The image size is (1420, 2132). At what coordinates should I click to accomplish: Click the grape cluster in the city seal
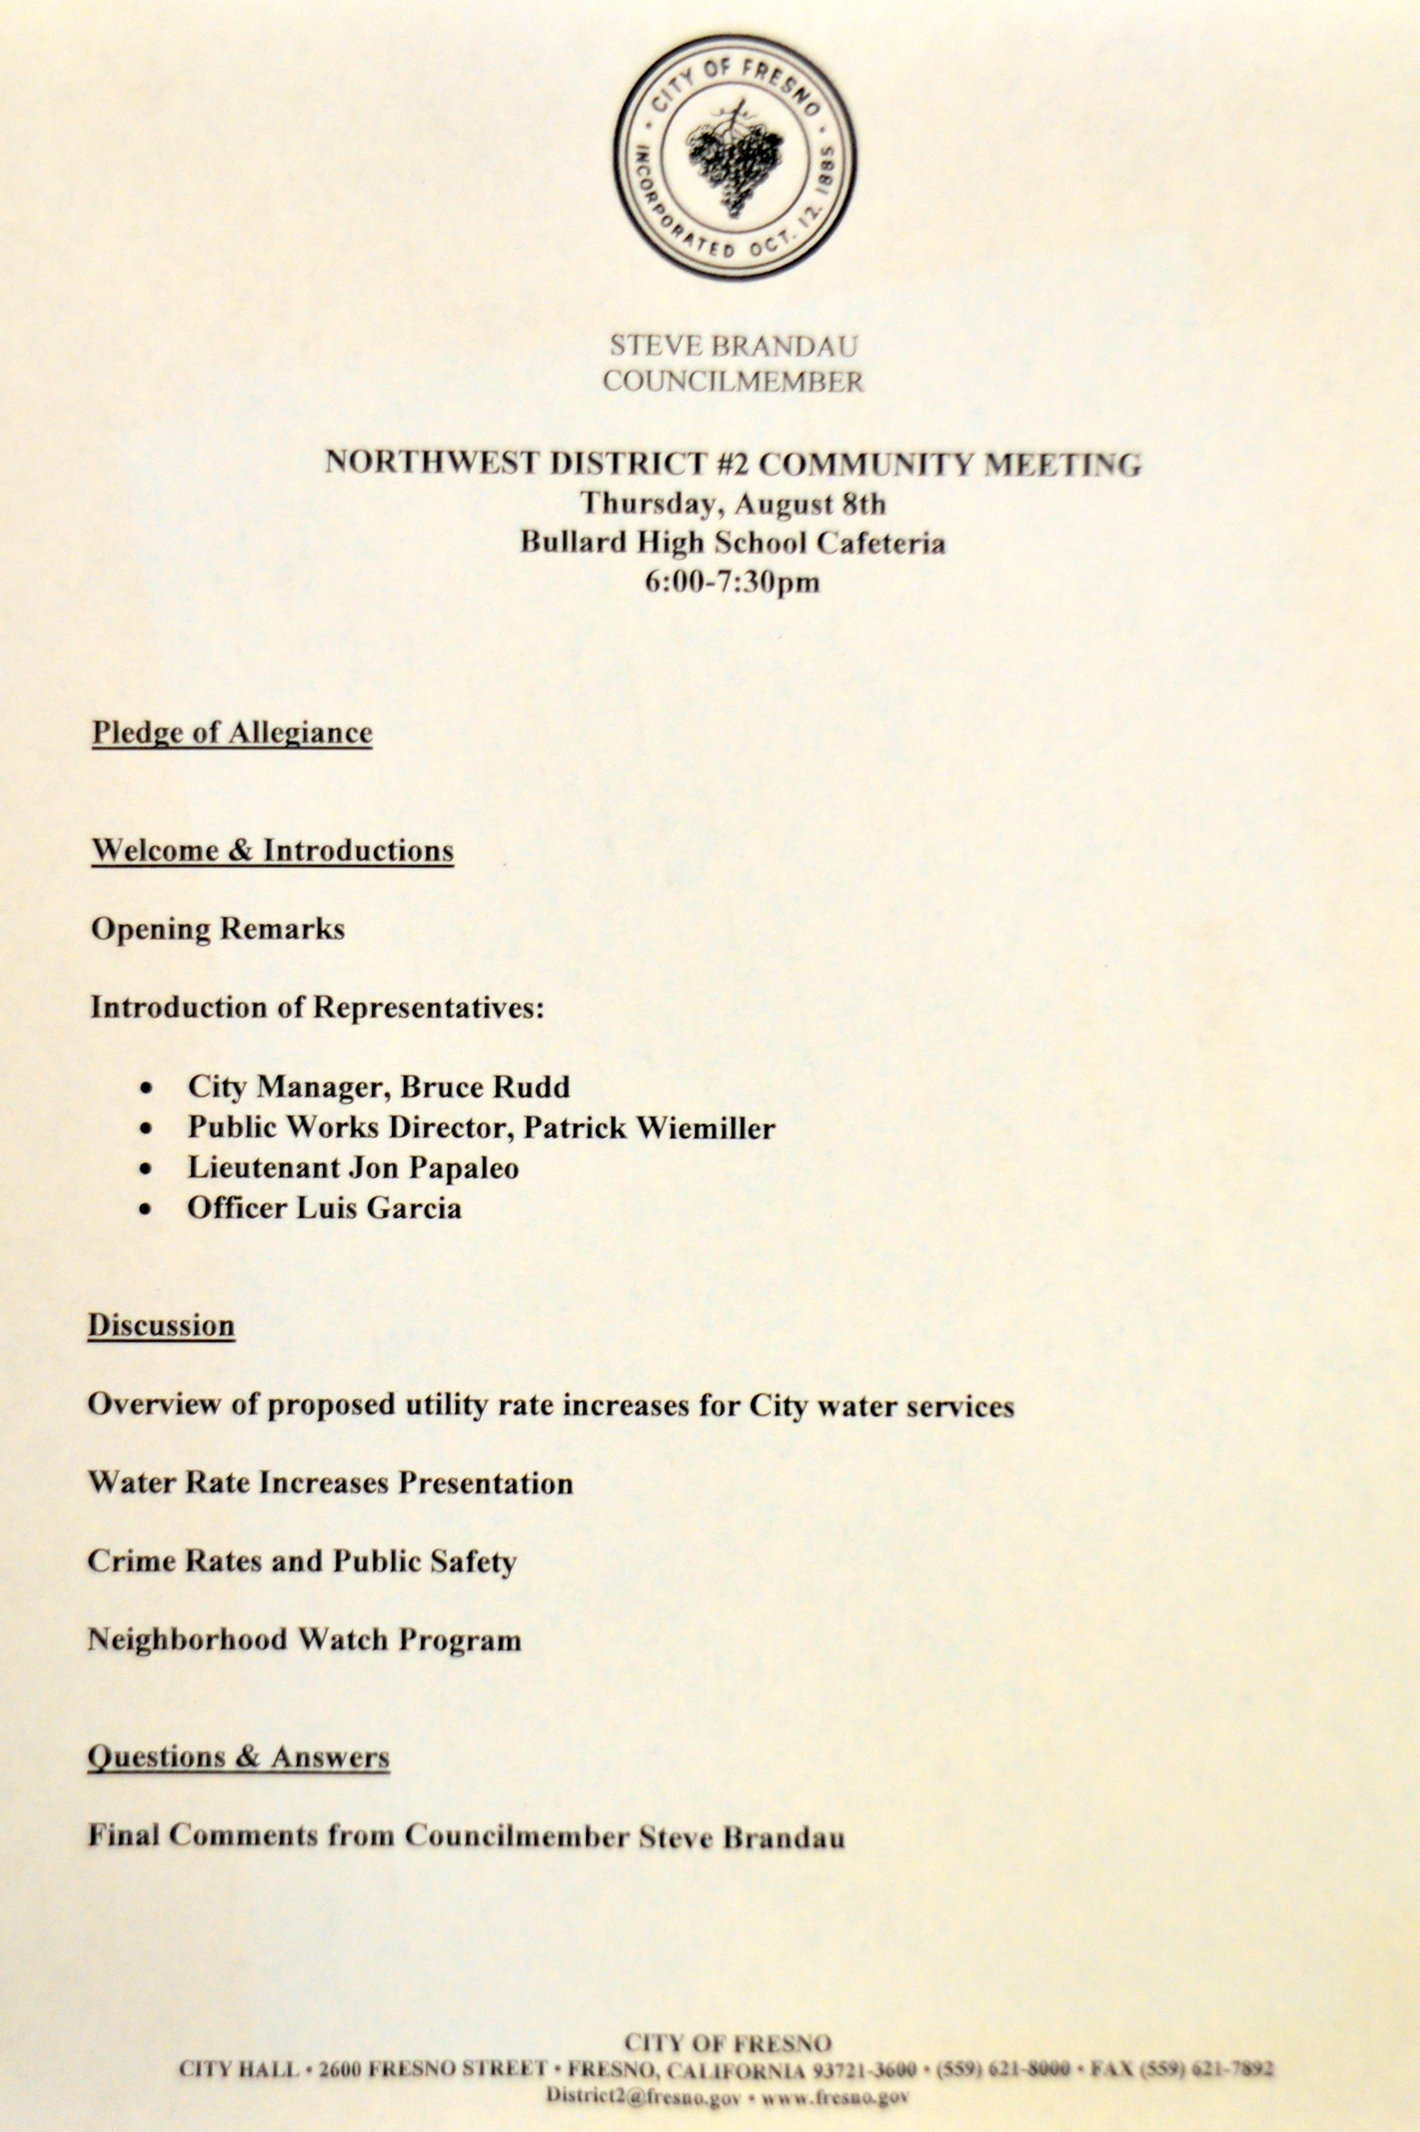pos(734,163)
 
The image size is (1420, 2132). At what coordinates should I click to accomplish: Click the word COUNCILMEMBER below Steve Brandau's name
pos(734,381)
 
